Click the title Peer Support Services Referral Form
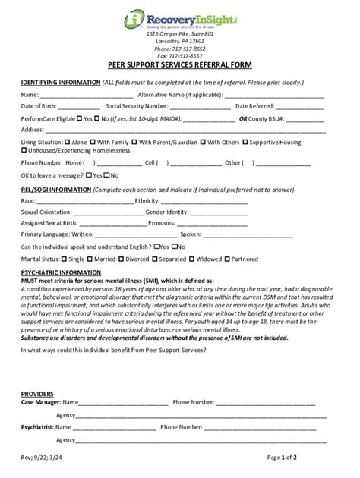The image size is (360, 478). (x=179, y=67)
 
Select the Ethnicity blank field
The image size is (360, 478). (x=204, y=201)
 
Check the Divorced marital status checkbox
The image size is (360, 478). (x=124, y=259)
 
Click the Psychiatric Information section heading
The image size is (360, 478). (x=61, y=272)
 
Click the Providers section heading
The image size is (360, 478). (x=36, y=395)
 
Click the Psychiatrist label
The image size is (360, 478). (x=37, y=428)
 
